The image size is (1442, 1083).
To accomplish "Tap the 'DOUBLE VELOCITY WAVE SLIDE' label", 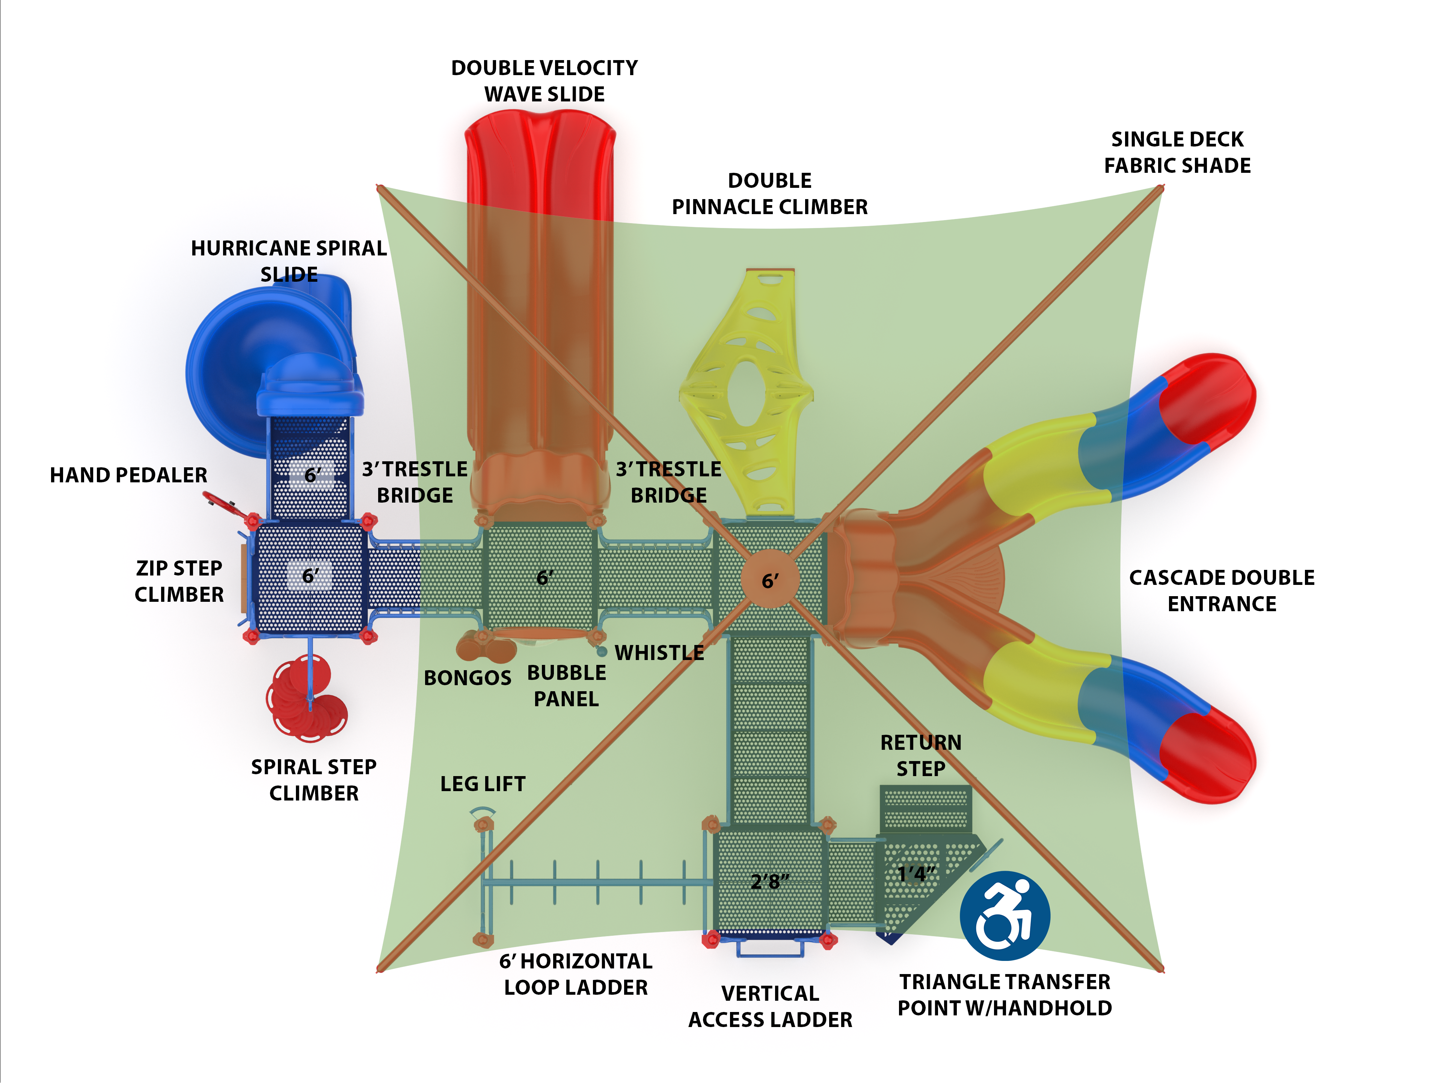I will pos(545,81).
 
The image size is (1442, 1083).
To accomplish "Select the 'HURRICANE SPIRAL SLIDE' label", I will pos(289,261).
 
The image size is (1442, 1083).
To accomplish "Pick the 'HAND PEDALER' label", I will pos(128,475).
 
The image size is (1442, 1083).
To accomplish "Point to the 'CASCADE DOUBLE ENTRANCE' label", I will pos(1221,591).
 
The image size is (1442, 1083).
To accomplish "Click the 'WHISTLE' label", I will pos(659,653).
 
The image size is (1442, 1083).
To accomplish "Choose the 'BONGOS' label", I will pos(468,678).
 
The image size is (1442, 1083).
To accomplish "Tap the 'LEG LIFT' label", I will pos(483,784).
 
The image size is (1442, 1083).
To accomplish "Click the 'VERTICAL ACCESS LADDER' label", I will pos(770,1006).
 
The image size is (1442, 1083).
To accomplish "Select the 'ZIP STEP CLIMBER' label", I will pos(179,581).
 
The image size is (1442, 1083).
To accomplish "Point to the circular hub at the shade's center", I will pos(770,579).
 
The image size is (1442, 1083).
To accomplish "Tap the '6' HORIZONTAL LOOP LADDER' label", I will pos(576,974).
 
